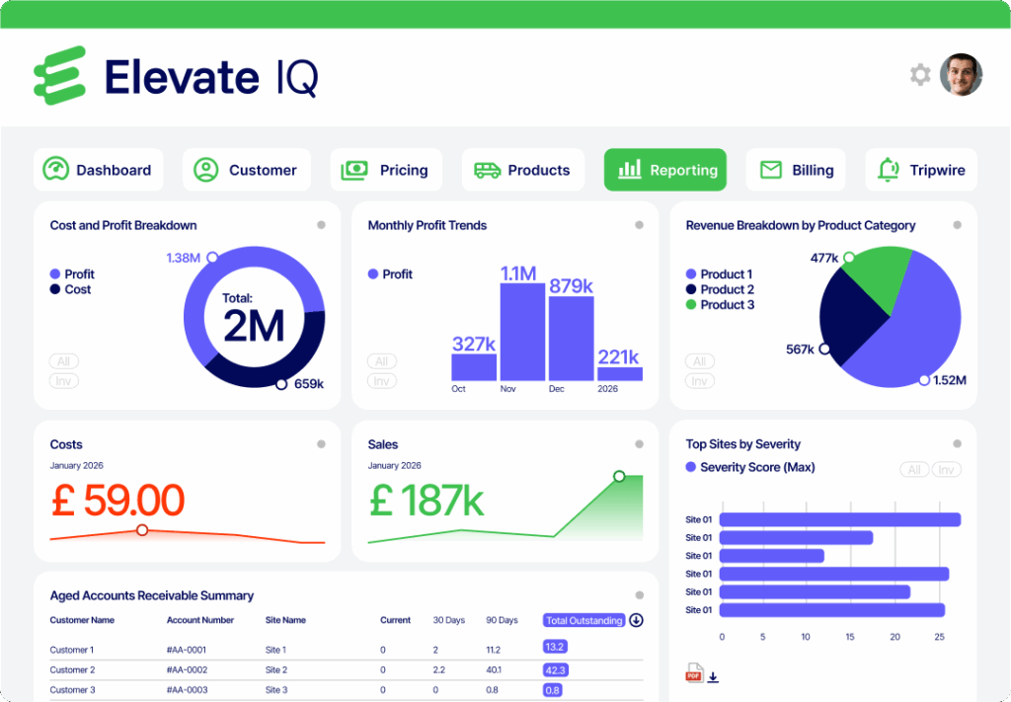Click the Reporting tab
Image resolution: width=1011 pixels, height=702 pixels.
(665, 170)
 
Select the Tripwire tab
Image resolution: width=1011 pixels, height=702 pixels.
(921, 170)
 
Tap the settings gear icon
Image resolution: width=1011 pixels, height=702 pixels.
(920, 75)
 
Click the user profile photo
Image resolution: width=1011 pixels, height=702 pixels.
(961, 75)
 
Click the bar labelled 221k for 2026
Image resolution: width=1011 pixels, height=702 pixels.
(619, 374)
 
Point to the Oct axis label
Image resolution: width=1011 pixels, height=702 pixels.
(458, 389)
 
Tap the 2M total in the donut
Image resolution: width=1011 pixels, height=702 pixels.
(254, 326)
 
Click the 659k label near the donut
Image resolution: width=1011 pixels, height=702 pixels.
(309, 384)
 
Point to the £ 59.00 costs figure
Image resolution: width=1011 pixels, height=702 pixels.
(117, 501)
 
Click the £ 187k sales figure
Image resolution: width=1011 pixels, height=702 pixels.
(427, 501)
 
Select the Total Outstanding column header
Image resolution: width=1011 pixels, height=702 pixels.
(584, 620)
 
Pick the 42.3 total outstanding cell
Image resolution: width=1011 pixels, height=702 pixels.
(554, 669)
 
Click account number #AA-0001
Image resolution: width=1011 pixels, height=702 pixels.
(189, 650)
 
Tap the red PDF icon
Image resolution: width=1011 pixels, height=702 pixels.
(693, 675)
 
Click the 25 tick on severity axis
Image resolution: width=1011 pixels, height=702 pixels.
(938, 637)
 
